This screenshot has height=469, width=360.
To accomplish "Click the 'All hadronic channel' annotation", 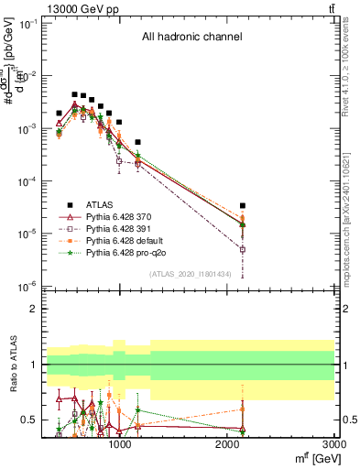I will tap(191, 38).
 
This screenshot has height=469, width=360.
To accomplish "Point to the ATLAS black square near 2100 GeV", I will tap(243, 206).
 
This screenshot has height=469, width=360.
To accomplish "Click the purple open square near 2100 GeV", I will tap(243, 248).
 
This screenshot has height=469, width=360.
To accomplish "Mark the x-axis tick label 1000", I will tap(119, 445).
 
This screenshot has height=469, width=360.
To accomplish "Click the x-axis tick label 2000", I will tap(227, 445).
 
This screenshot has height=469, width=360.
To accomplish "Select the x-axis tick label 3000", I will tap(333, 445).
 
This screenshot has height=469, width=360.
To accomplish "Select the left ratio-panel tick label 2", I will tap(34, 309).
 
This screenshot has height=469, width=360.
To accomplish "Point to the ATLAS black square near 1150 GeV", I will tap(137, 142).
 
